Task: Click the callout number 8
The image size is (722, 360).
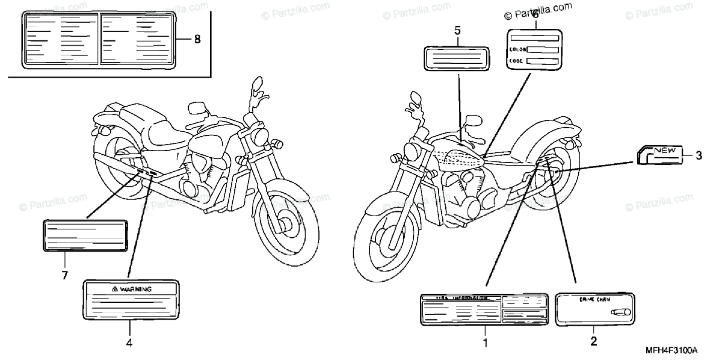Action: [197, 40]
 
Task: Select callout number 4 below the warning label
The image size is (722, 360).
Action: [129, 343]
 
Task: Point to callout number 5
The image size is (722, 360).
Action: [457, 30]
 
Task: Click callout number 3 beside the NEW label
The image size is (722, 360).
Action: [699, 156]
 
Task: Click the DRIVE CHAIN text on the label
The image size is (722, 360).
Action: [593, 299]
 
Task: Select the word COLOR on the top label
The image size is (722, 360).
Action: [517, 50]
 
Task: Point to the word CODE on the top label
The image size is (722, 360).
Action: [516, 61]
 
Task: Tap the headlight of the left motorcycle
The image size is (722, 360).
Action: [261, 134]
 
